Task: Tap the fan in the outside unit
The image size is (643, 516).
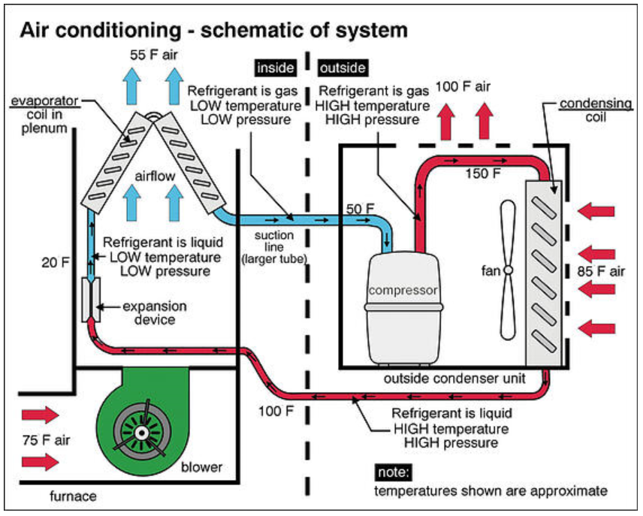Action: (x=509, y=269)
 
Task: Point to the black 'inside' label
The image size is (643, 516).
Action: (x=276, y=68)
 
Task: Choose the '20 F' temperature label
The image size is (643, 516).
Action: (x=52, y=262)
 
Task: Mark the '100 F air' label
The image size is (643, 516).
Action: (x=463, y=88)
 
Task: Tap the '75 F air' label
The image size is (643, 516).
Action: (x=44, y=440)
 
